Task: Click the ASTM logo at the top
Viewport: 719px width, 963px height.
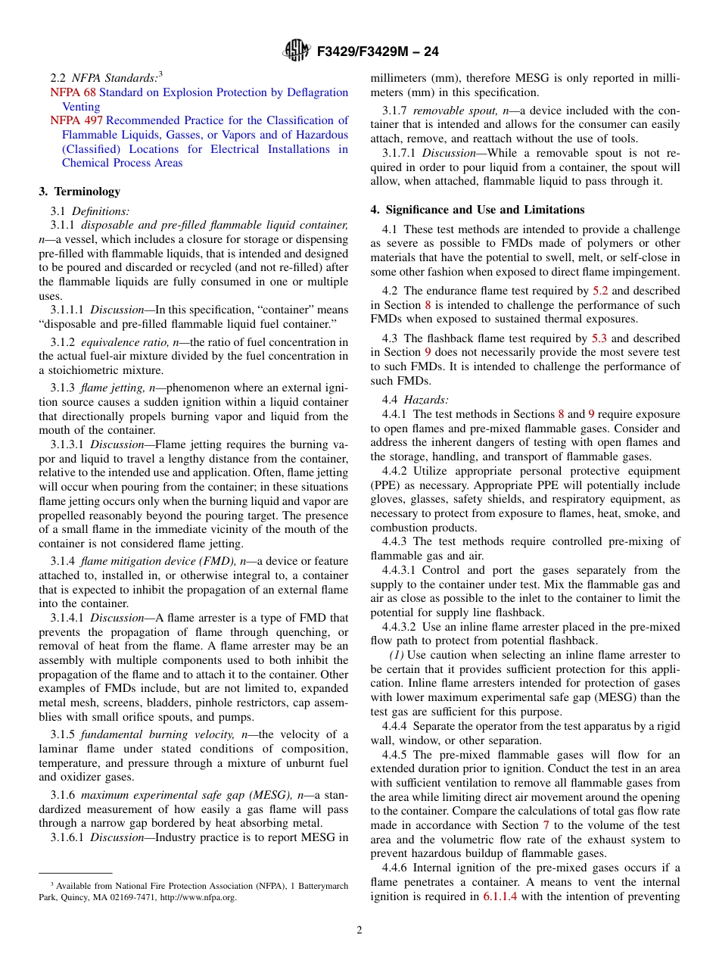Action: [296, 51]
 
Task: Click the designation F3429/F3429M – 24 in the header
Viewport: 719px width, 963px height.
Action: [378, 51]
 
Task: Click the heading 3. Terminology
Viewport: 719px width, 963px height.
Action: [79, 192]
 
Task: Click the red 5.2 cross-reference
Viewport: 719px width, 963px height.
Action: [600, 291]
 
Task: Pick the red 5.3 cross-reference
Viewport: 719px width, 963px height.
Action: [600, 338]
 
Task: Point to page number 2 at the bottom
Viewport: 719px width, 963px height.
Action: [359, 930]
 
